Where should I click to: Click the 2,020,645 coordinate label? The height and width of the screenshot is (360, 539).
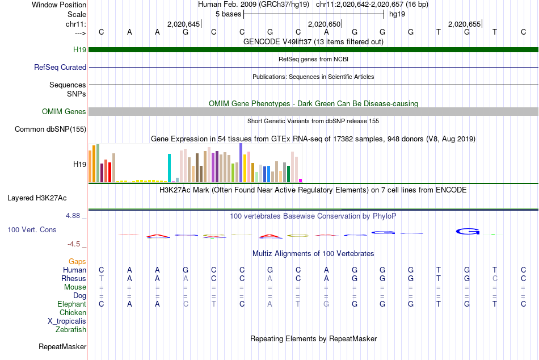click(x=183, y=24)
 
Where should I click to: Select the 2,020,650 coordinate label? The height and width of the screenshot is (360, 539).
click(x=324, y=24)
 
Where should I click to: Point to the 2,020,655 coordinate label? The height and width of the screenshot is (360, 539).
click(x=464, y=24)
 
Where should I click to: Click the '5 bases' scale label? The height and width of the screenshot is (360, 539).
click(x=229, y=14)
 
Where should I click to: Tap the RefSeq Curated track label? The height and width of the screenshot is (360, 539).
click(x=60, y=67)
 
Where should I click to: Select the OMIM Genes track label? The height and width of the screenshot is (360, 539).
click(x=64, y=112)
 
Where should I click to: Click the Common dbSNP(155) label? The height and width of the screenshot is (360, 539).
click(x=50, y=129)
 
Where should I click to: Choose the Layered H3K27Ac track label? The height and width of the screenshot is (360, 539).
click(x=37, y=198)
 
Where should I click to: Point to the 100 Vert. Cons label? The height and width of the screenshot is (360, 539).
click(x=32, y=230)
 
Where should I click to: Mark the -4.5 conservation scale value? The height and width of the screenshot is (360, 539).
click(x=75, y=244)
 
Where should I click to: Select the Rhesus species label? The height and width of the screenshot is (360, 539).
click(x=74, y=279)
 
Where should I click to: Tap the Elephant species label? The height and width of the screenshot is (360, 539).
click(x=71, y=304)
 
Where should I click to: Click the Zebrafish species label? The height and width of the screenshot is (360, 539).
click(x=71, y=329)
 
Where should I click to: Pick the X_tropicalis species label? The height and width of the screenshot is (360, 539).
click(x=67, y=321)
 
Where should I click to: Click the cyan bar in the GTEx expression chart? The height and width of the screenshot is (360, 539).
click(x=169, y=168)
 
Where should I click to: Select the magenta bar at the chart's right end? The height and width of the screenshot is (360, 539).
click(x=301, y=181)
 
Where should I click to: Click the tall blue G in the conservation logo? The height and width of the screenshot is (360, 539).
click(x=468, y=231)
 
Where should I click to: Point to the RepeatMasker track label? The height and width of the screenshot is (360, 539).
click(x=62, y=346)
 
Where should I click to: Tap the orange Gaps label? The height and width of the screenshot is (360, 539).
click(x=77, y=261)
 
